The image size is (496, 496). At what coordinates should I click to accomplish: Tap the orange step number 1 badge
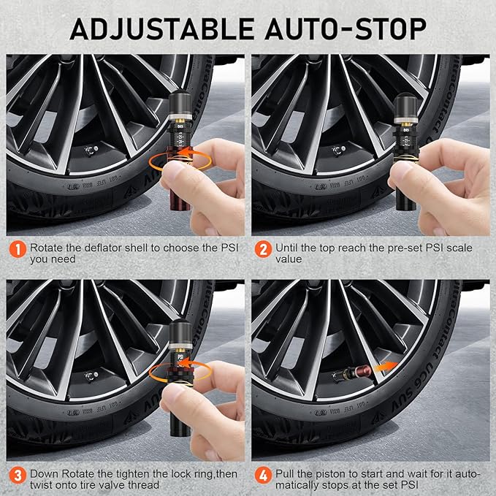(17, 249)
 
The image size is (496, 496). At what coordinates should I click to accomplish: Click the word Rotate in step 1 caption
(47, 248)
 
